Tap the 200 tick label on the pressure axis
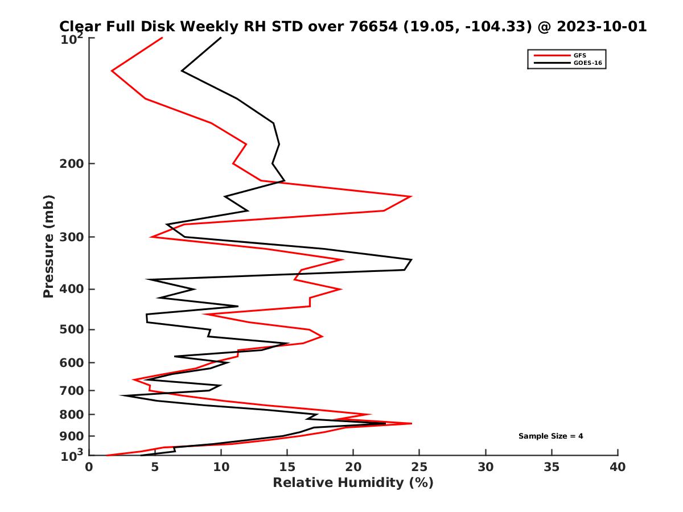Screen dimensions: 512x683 click(70, 164)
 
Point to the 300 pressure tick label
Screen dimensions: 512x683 click(70, 237)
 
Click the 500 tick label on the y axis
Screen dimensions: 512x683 click(70, 330)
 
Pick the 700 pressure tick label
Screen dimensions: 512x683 click(70, 391)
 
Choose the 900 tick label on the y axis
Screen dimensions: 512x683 click(70, 436)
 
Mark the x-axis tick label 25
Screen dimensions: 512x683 click(419, 468)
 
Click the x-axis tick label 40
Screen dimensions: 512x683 click(618, 468)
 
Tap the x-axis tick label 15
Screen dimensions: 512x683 click(287, 468)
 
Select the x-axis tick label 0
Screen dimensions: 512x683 click(89, 468)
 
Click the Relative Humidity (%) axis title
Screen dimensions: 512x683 click(353, 483)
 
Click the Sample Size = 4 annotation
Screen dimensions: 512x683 click(550, 436)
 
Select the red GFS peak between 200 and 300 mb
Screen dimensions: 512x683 click(411, 196)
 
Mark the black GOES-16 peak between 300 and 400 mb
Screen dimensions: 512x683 click(411, 260)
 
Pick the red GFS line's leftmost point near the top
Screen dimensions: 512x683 click(112, 71)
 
